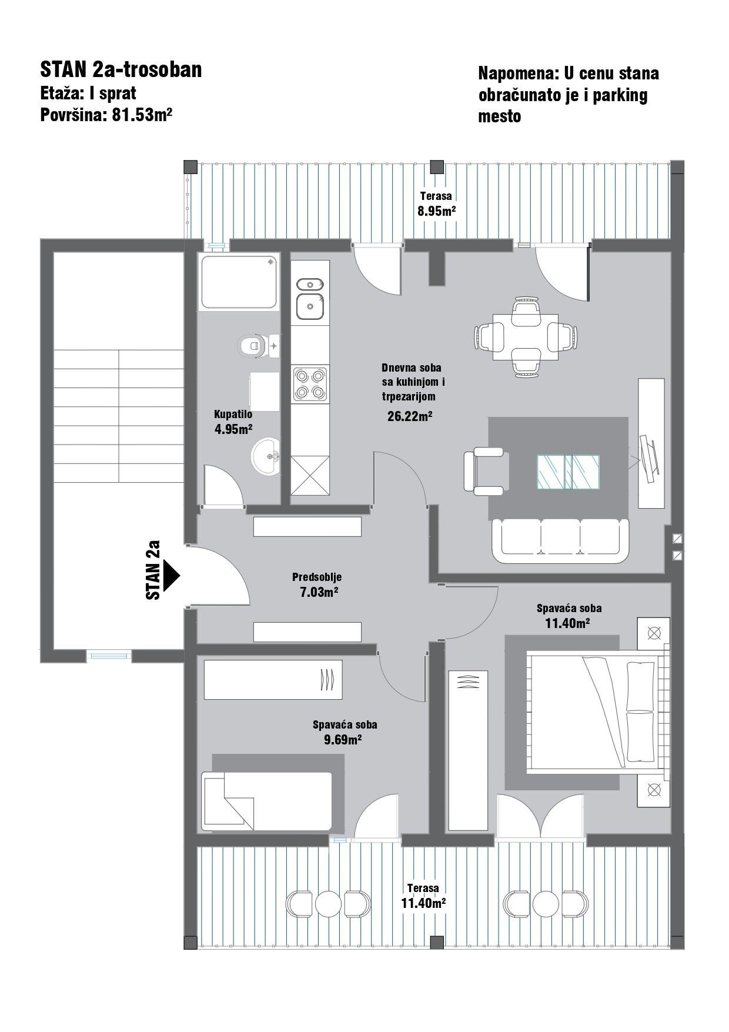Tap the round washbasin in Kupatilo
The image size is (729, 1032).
(266, 455)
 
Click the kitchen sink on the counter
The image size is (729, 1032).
(310, 299)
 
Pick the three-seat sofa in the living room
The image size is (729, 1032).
(560, 540)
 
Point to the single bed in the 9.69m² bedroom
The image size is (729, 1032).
(266, 800)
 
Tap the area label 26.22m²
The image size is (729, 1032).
(410, 416)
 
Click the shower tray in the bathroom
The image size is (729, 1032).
(239, 282)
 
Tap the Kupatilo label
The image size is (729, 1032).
(233, 415)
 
